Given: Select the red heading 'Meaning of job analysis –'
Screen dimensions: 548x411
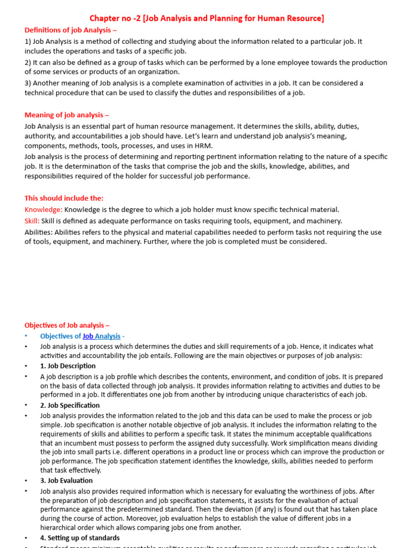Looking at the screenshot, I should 67,115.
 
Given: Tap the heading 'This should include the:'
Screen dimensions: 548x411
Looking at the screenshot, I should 64,198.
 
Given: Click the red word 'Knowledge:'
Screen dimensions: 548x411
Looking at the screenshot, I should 43,210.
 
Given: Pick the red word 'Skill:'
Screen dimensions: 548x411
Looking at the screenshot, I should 32,221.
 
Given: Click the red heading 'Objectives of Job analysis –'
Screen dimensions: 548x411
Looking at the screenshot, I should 67,325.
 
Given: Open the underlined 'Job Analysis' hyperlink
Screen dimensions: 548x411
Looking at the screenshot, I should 101,336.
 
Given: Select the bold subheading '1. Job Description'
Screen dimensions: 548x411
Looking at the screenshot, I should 68,366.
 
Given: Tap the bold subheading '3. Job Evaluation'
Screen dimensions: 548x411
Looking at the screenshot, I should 66,481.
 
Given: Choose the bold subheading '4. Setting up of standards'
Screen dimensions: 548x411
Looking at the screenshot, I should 80,538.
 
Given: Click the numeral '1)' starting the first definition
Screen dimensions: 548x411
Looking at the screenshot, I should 28,41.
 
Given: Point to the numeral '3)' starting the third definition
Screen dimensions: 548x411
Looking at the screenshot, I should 28,83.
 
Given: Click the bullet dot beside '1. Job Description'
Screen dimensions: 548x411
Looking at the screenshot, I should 25,366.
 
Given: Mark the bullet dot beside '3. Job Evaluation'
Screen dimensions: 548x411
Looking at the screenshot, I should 25,481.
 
